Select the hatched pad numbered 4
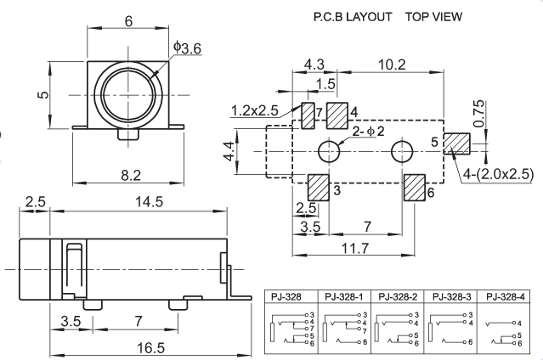[337, 114]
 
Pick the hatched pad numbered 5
[457, 143]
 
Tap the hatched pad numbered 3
[318, 186]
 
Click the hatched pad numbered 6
[415, 186]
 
